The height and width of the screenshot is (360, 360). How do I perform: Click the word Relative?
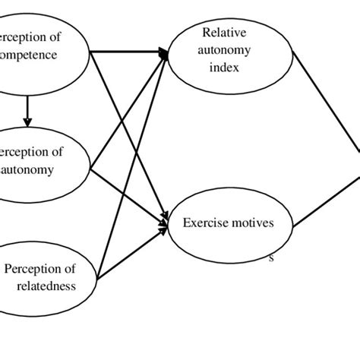click(220, 32)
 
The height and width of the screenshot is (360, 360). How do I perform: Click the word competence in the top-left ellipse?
click(30, 55)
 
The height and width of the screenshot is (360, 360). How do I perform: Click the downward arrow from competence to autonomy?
click(27, 110)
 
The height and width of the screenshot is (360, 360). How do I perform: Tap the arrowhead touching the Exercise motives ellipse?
click(163, 223)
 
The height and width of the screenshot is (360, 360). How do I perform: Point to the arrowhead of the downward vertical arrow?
click(27, 122)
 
